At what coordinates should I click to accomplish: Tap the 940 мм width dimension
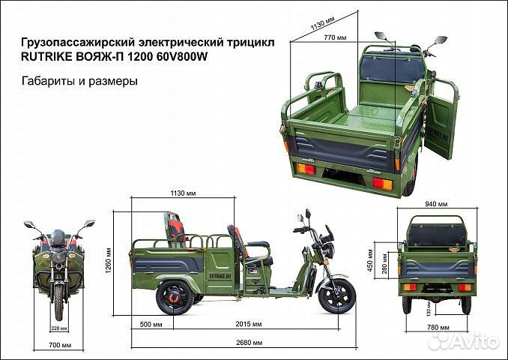pyautogui.click(x=437, y=203)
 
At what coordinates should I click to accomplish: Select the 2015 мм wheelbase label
pyautogui.click(x=249, y=324)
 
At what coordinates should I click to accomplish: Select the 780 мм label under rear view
pyautogui.click(x=435, y=326)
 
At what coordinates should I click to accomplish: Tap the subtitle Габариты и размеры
pyautogui.click(x=79, y=82)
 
